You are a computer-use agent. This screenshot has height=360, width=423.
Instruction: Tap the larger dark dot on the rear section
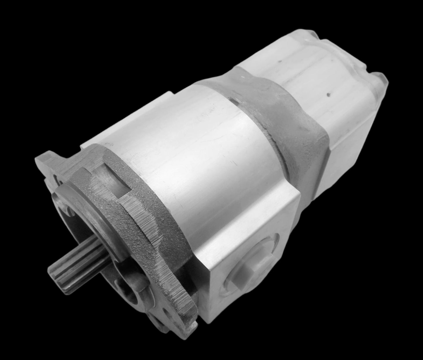pos(328,95)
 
